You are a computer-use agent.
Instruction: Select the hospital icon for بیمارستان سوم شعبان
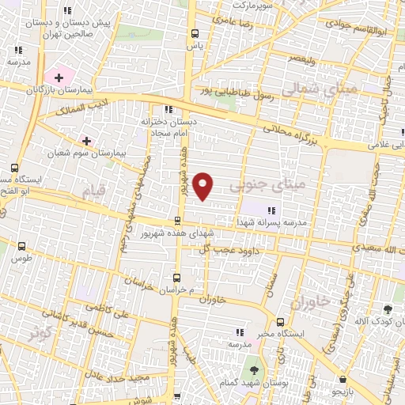pyautogui.click(x=86, y=141)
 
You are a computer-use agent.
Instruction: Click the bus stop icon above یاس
pyautogui.click(x=195, y=33)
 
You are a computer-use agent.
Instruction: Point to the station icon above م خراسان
pyautogui.click(x=176, y=278)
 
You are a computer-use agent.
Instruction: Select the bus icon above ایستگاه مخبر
pyautogui.click(x=281, y=321)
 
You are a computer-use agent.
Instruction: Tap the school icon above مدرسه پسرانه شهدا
pyautogui.click(x=272, y=210)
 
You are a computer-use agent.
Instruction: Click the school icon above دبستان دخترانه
pyautogui.click(x=168, y=110)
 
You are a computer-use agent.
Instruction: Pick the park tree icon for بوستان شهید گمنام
pyautogui.click(x=253, y=370)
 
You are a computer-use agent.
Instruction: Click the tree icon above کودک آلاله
pyautogui.click(x=387, y=309)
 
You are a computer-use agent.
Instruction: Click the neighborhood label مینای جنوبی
pyautogui.click(x=257, y=187)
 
